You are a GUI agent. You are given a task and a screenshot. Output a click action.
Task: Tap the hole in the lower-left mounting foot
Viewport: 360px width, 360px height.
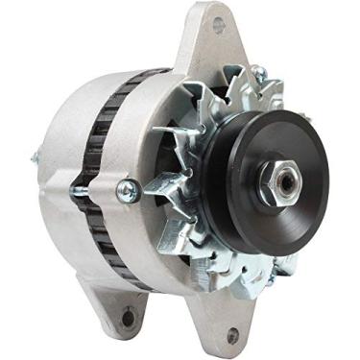tap(127, 314)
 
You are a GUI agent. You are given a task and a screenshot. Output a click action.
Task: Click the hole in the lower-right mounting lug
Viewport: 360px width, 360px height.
tap(231, 335)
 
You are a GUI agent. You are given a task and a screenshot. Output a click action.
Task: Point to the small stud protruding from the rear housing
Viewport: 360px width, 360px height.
tap(36, 158)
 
